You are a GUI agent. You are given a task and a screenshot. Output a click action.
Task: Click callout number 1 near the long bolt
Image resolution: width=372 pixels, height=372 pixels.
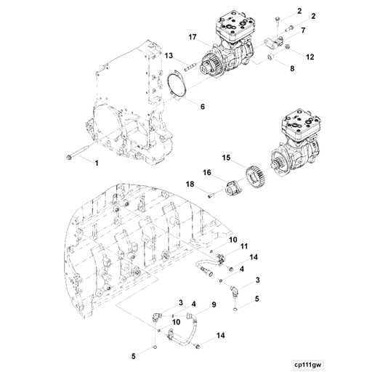(95, 163)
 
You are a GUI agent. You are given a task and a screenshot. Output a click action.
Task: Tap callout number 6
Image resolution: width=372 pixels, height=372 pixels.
(202, 106)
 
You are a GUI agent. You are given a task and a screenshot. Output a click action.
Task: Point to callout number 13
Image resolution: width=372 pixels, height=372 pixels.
(167, 55)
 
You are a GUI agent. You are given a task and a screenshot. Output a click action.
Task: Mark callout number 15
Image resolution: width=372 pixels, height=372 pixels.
(226, 158)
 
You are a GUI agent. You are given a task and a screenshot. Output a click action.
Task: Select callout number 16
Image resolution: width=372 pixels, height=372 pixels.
(206, 173)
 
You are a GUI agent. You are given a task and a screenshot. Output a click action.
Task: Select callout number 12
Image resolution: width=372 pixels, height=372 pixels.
(309, 56)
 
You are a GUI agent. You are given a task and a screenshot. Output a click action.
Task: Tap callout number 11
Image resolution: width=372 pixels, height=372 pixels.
(244, 247)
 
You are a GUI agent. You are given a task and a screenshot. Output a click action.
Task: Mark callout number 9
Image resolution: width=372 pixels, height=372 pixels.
(214, 303)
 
